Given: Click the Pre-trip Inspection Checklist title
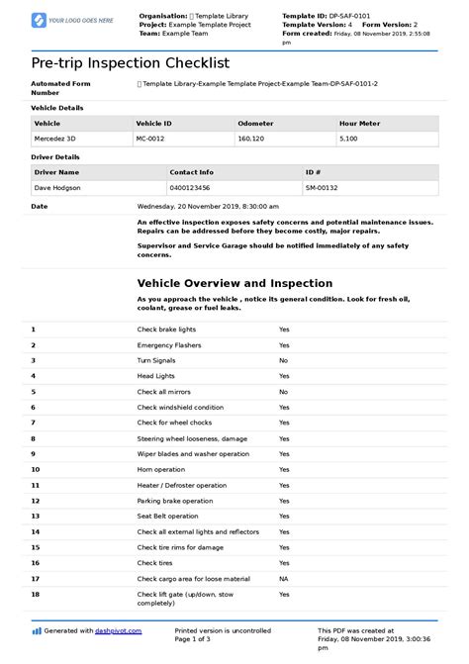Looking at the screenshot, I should click(x=130, y=62).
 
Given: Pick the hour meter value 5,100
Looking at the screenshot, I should click(x=348, y=140).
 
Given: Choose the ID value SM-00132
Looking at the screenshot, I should click(x=323, y=187).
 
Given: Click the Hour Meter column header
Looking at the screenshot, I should click(x=359, y=123).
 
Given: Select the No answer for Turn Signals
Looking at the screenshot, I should click(x=283, y=361).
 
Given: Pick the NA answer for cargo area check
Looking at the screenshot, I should click(x=283, y=579).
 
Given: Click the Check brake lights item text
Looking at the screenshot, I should click(x=166, y=330).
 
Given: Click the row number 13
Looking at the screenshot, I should click(x=36, y=517).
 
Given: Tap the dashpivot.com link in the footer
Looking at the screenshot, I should click(x=119, y=630).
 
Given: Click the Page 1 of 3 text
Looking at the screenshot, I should click(x=199, y=639).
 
